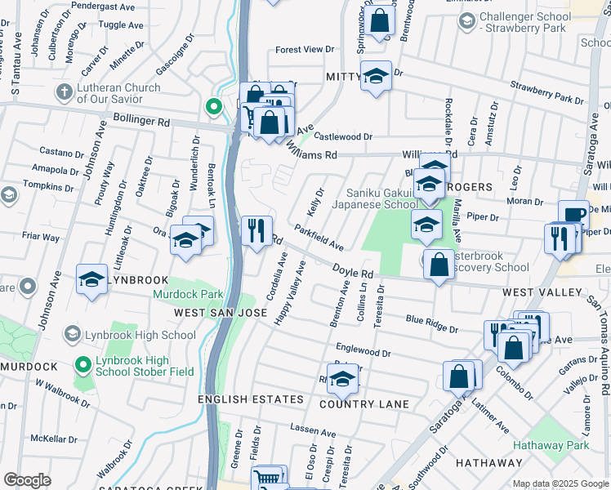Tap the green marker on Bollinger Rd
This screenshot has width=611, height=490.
click(213, 106)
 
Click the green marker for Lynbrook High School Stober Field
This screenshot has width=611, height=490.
click(82, 365)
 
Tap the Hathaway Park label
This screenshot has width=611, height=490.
click(551, 445)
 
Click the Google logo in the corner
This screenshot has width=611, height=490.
click(28, 479)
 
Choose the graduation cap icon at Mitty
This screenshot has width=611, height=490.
click(375, 76)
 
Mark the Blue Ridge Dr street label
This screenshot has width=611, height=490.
click(431, 323)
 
